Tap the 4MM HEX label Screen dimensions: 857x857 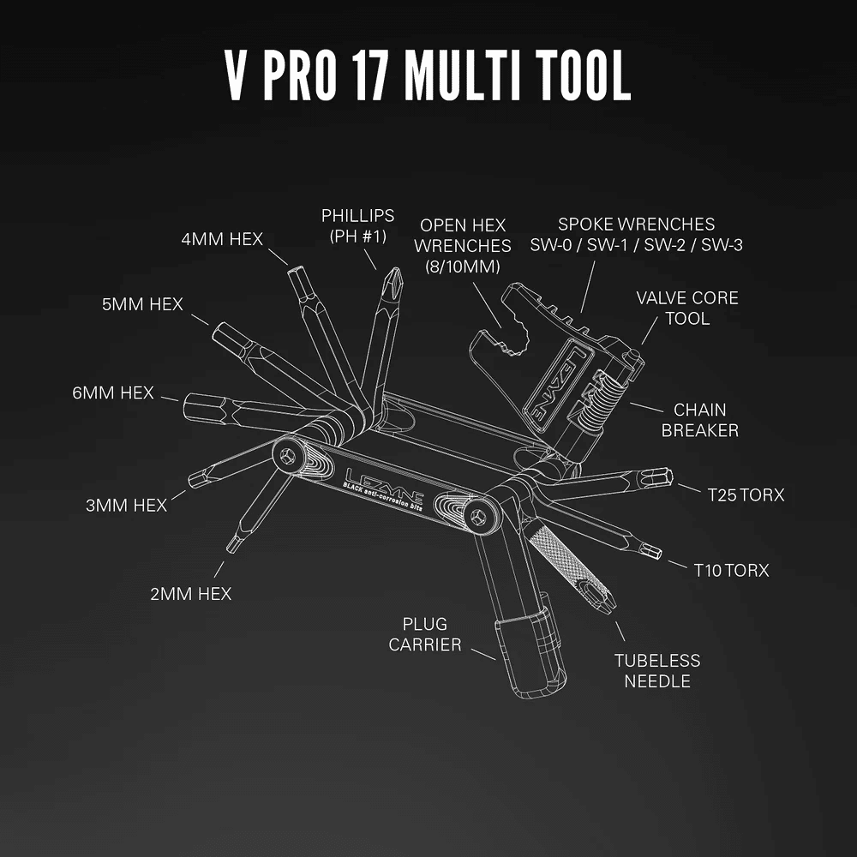(222, 239)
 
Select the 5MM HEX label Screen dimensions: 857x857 (142, 304)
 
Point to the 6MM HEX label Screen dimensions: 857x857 (113, 393)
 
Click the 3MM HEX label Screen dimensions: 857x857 (126, 505)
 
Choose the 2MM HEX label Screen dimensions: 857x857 (190, 593)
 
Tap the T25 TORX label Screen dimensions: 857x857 (746, 494)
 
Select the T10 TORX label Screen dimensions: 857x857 (731, 570)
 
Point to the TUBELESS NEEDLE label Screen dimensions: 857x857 (656, 670)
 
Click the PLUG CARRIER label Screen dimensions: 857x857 (425, 634)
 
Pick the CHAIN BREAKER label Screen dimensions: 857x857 (699, 420)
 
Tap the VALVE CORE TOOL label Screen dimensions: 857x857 (686, 309)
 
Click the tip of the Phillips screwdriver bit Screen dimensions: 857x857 (394, 273)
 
